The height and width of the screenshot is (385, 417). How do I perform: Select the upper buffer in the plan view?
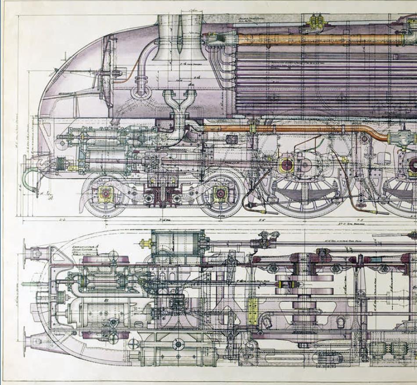33,253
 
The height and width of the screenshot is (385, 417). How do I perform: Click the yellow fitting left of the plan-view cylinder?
145,243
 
